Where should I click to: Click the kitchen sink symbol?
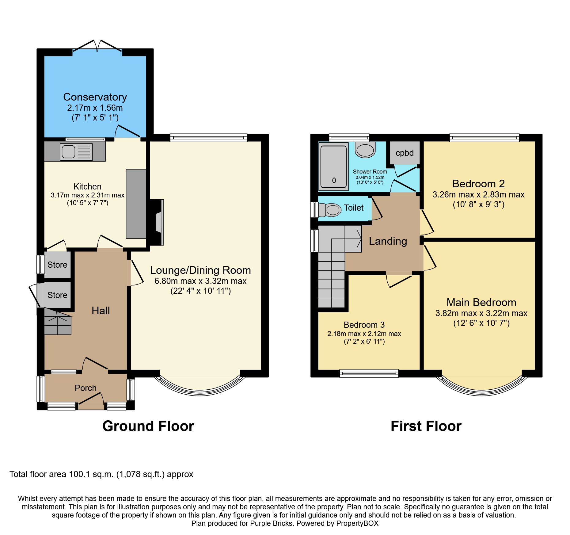click(x=76, y=151)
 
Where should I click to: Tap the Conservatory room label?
click(x=95, y=97)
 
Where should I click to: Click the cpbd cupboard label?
click(x=405, y=153)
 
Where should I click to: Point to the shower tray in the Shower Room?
click(x=333, y=166)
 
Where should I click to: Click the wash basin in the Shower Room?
click(x=365, y=150)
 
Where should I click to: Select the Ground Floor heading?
click(x=148, y=426)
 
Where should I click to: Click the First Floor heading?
click(x=426, y=426)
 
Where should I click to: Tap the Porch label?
click(x=85, y=388)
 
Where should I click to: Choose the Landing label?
click(x=388, y=241)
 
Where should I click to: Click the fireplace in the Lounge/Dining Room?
click(x=158, y=222)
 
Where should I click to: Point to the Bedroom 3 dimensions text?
click(x=364, y=338)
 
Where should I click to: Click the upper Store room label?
click(x=57, y=265)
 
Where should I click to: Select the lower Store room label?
click(x=57, y=295)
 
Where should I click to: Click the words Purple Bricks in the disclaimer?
click(x=271, y=523)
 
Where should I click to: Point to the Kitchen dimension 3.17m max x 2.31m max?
click(x=87, y=195)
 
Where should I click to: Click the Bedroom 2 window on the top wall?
click(x=484, y=138)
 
